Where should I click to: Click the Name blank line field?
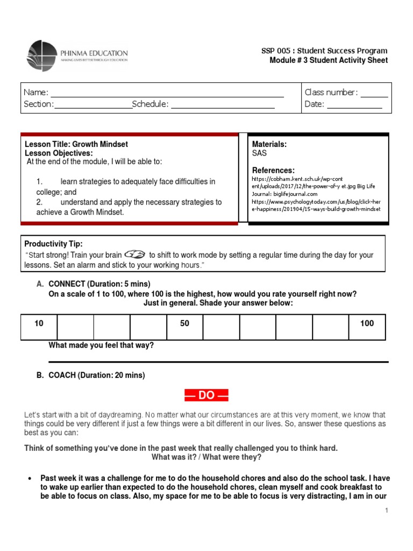point(167,93)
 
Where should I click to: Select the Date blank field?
point(354,105)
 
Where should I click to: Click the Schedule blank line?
point(223,105)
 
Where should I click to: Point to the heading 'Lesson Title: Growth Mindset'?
point(76,144)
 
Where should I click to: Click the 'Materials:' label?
point(269,144)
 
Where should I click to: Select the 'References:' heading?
point(273,170)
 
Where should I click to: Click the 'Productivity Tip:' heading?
point(54,244)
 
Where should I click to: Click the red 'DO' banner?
point(206,395)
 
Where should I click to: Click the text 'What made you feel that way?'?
point(101,345)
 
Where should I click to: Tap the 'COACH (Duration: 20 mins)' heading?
point(97,376)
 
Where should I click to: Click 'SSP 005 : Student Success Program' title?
point(324,51)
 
